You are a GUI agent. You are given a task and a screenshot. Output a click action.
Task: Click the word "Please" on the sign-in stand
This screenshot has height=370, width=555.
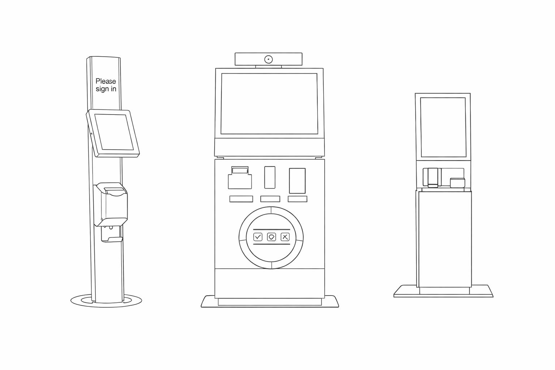(106, 81)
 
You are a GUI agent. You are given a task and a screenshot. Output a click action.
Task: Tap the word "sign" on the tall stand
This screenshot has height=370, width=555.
(102, 89)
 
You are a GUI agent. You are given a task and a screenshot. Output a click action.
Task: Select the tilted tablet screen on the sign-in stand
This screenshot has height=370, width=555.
(114, 132)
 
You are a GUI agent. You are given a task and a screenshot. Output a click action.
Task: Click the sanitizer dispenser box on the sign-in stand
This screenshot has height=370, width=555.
(112, 204)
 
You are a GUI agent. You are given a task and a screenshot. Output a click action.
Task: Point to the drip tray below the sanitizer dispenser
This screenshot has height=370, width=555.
(112, 239)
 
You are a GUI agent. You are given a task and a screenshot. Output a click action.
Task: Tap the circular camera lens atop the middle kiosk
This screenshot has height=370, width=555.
(268, 59)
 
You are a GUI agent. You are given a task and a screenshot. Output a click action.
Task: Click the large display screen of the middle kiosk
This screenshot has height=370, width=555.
(269, 104)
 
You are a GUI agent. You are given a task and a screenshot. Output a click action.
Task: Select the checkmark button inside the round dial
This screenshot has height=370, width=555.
(258, 237)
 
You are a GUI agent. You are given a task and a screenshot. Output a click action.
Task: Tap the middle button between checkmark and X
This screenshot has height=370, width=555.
(271, 237)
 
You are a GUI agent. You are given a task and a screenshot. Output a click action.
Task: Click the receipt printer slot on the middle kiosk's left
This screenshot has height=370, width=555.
(240, 178)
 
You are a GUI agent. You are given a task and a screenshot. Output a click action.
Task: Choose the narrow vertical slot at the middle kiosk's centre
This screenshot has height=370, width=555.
(270, 177)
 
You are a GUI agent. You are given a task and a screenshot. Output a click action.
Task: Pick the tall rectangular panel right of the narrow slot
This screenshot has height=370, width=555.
(297, 181)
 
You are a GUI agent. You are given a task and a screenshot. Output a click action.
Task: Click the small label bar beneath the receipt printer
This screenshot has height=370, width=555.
(241, 199)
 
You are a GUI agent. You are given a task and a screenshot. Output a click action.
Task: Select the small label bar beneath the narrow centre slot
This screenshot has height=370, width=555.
(270, 199)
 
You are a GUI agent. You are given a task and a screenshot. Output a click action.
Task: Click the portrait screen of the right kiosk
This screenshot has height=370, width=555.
(443, 127)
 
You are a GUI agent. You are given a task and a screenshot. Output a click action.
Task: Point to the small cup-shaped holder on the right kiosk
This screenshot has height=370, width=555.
(457, 183)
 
